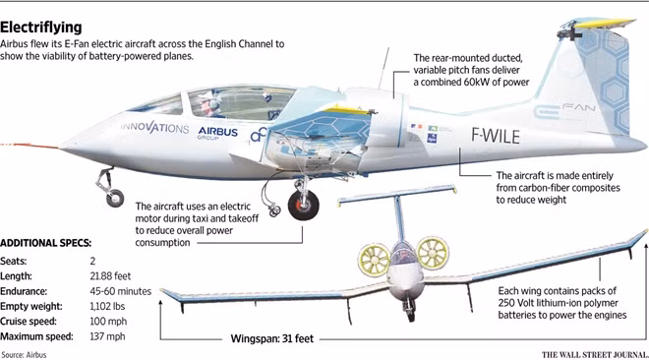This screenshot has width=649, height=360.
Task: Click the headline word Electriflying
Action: click(41, 28)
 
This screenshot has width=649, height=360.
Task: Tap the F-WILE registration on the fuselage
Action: click(496, 136)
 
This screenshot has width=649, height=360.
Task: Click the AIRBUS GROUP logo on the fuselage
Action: click(217, 133)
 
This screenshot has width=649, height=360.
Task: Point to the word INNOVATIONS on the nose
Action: click(154, 127)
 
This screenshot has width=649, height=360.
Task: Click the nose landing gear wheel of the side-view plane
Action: click(115, 199)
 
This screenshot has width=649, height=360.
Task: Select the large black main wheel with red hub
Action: click(304, 205)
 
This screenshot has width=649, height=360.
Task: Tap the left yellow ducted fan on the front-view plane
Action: click(374, 260)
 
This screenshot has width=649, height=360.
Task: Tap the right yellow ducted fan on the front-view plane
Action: click(433, 252)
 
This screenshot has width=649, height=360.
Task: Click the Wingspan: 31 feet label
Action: click(272, 339)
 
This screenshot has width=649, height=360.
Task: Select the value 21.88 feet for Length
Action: click(110, 276)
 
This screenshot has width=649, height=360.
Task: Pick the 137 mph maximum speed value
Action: click(107, 336)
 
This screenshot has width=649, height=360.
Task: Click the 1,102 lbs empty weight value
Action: click(107, 306)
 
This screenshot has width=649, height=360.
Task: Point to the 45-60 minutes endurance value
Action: click(120, 291)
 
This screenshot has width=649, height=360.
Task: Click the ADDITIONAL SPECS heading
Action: click(45, 243)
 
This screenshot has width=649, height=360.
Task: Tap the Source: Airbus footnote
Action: click(24, 355)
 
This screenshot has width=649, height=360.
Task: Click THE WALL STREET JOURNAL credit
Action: click(595, 355)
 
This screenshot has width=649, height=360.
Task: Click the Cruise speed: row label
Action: click(29, 322)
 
